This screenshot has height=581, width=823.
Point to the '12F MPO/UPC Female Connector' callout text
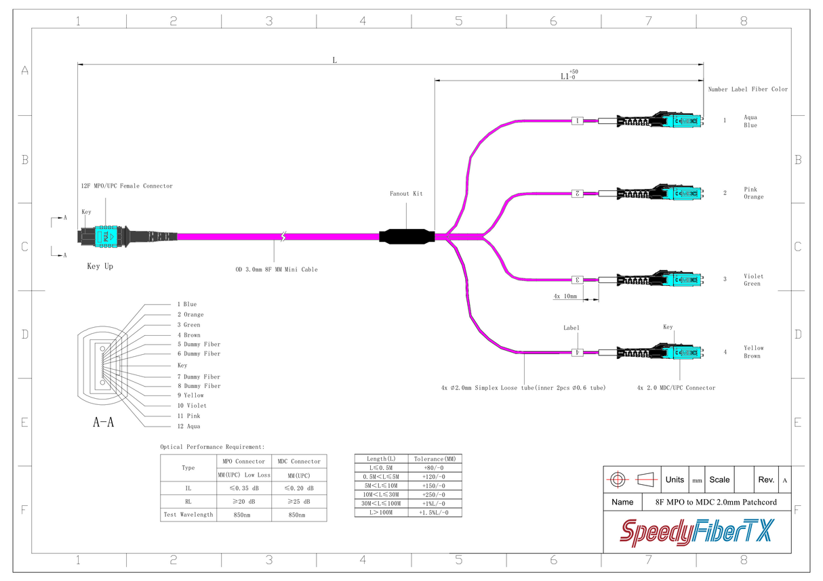[127, 186]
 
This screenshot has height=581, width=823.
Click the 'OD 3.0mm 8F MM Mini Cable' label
[276, 270]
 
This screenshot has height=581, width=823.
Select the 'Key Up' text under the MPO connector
[100, 266]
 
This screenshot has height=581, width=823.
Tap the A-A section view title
[103, 423]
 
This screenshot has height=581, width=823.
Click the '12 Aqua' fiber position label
[188, 426]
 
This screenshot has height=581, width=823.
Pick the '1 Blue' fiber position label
[187, 304]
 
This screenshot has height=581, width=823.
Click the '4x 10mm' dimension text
[565, 297]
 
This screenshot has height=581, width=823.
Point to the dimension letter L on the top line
[334, 60]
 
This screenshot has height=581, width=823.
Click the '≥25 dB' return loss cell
[298, 502]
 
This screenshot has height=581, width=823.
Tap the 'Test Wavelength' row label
[188, 515]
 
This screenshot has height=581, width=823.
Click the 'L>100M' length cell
[381, 513]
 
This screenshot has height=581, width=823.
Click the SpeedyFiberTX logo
[696, 532]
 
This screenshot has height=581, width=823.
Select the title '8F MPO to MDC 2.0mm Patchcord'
[715, 502]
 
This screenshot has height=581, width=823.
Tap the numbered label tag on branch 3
[578, 279]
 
